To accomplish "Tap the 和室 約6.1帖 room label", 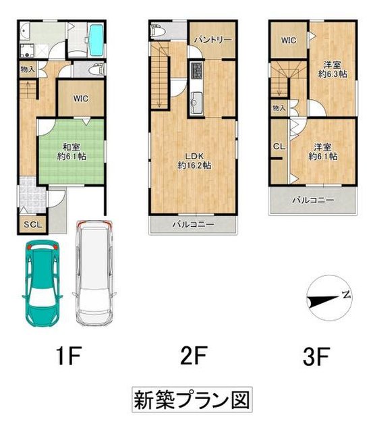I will (71, 152).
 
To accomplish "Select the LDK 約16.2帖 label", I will (194, 159).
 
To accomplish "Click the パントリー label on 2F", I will (213, 40).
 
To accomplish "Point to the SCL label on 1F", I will (32, 225).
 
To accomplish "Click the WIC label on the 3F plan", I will (289, 40).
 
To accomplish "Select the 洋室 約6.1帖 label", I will (323, 151).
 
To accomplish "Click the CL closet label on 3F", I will (277, 146).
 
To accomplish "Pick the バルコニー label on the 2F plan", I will (192, 223).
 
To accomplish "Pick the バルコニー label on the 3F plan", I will (312, 200).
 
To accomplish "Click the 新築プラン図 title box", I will (187, 400).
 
